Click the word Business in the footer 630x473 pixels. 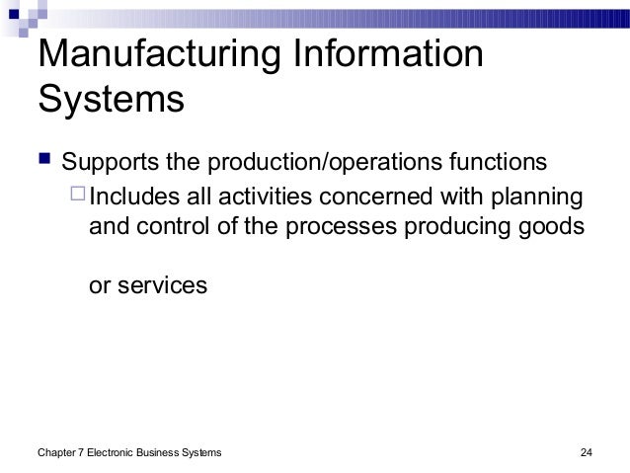(167, 452)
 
